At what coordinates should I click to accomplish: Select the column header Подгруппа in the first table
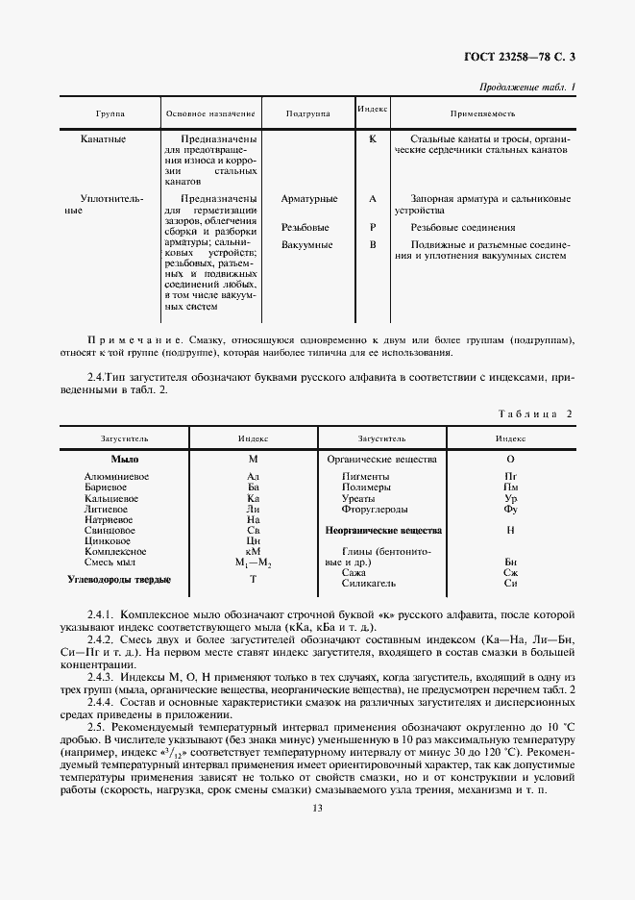coord(307,113)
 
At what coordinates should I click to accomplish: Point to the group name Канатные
coord(104,139)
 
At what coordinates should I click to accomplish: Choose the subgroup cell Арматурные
coord(308,199)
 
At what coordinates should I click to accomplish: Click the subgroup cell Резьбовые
coord(305,228)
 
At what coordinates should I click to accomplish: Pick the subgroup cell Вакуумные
coord(307,245)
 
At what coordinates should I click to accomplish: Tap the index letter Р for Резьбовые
coord(372,228)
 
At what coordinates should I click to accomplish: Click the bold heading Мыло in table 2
coord(125,460)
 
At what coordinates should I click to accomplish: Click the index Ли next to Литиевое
coord(254,509)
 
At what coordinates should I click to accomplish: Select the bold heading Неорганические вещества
coord(383,530)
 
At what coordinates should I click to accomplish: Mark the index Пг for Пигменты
coord(511,477)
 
